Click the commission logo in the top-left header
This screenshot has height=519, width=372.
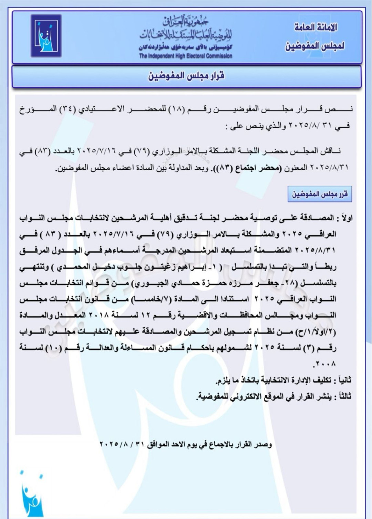[46, 35]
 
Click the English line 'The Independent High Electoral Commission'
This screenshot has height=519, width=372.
[186, 56]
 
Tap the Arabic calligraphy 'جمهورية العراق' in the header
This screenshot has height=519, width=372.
[186, 21]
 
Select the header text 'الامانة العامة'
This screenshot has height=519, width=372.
[316, 28]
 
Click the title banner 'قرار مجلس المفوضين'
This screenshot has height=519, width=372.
[186, 76]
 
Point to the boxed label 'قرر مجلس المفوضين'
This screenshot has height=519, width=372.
[320, 194]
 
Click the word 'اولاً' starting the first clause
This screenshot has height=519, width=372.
[345, 218]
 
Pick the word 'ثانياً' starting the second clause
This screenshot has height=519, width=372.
[342, 380]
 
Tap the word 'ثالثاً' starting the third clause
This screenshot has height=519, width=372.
[342, 396]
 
